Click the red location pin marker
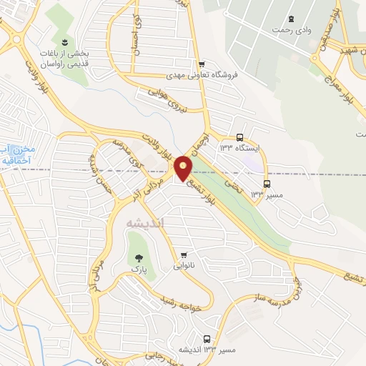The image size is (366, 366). coord(184,169)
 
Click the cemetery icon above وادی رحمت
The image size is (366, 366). coord(290,19)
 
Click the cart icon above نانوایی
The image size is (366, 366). coord(184,254)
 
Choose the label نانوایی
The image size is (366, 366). coord(183,265)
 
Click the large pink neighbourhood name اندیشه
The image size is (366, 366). coord(145,223)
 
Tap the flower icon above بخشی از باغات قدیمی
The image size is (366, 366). coord(66,43)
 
